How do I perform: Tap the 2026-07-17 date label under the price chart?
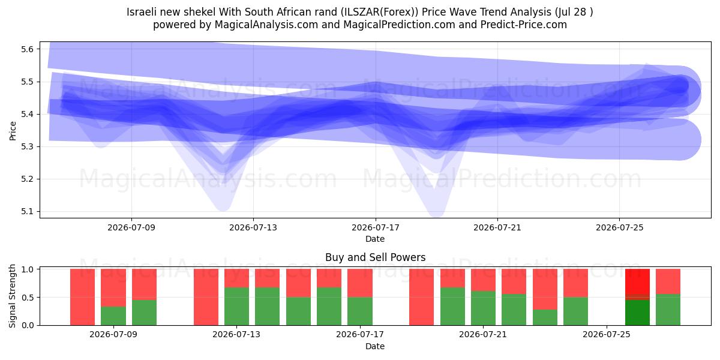(x=376, y=227)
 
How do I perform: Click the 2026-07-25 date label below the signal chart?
(x=607, y=335)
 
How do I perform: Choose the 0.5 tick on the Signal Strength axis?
(x=28, y=298)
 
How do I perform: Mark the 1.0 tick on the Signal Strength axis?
(x=28, y=269)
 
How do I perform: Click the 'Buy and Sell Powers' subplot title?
(x=375, y=257)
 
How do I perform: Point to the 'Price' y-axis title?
(x=13, y=131)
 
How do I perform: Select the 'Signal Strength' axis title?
(x=12, y=296)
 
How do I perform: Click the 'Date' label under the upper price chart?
(x=375, y=239)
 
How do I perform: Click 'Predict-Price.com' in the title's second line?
(x=524, y=25)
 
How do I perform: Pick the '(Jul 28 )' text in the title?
(x=574, y=12)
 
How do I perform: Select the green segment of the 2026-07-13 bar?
(x=236, y=306)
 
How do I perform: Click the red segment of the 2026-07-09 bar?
(x=113, y=287)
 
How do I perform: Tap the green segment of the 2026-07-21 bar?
(x=483, y=308)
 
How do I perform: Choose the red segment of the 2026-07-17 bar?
(x=360, y=283)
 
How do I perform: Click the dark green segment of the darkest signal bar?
(x=637, y=313)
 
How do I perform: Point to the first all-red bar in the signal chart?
(x=83, y=297)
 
